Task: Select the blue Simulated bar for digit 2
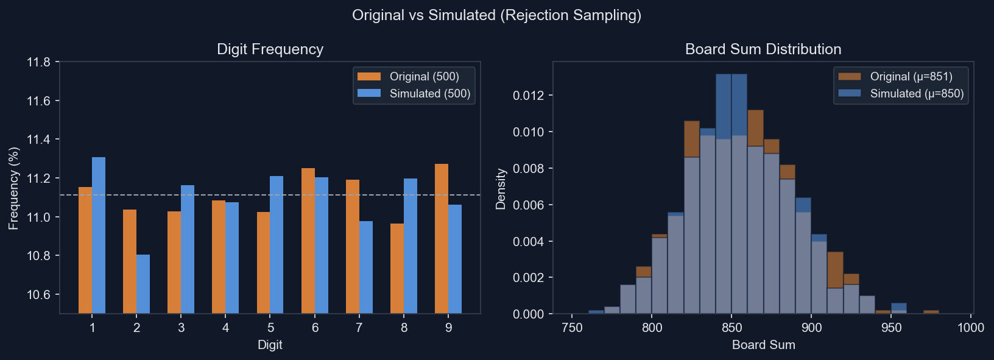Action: coord(143,284)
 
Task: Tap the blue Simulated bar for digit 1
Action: coord(99,235)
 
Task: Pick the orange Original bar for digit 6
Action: coord(308,241)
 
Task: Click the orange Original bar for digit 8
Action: coord(397,268)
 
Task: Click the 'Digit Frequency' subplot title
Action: coord(270,49)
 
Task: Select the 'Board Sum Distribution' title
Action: coord(763,49)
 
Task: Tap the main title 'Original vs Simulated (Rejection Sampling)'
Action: coord(496,15)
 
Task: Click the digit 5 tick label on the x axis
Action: coord(270,328)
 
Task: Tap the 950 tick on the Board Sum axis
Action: coord(891,328)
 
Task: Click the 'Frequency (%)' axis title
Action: coord(13,188)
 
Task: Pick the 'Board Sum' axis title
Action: coord(763,345)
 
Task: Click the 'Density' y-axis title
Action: coord(501,189)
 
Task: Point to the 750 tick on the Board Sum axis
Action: coord(572,328)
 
